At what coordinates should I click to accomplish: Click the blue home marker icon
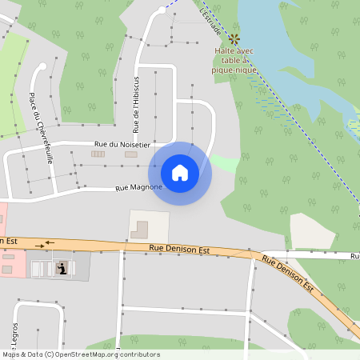180,173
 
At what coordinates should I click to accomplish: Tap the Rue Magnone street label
138,188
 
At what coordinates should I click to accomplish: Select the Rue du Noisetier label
118,144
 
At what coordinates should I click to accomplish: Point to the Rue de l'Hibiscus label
137,104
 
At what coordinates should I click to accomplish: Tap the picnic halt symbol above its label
234,38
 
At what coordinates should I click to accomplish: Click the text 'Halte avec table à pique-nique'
233,60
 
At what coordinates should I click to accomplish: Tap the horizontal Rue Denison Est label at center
179,249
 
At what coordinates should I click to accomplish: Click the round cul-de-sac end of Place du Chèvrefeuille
42,66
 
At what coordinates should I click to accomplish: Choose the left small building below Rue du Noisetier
98,154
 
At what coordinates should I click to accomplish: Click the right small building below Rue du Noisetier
130,154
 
